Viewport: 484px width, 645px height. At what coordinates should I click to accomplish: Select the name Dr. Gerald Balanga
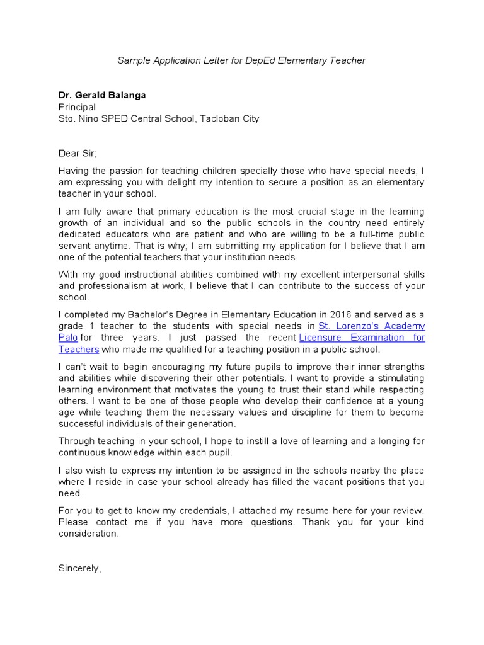[101, 95]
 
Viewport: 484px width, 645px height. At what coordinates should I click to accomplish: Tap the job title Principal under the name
[77, 107]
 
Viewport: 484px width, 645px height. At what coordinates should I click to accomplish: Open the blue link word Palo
[68, 338]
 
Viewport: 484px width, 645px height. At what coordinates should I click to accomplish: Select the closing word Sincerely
[78, 568]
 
